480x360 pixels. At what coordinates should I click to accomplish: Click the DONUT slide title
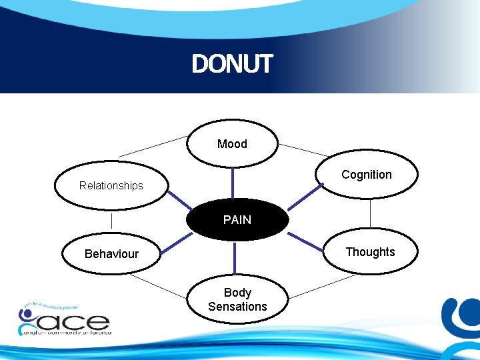[232, 65]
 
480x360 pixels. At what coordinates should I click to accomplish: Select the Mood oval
[232, 143]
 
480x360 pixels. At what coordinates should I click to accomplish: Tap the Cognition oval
[367, 175]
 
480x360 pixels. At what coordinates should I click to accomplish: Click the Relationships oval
[111, 185]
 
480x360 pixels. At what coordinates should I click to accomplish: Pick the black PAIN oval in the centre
[237, 219]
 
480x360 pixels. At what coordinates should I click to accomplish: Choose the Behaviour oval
[111, 253]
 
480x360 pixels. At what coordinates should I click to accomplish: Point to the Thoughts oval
[370, 251]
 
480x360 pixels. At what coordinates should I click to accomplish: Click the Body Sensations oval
[237, 299]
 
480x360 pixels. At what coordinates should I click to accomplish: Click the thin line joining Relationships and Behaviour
[111, 221]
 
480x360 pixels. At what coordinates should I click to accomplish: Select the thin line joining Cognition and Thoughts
[370, 213]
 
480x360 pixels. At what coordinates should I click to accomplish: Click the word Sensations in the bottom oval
[237, 307]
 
